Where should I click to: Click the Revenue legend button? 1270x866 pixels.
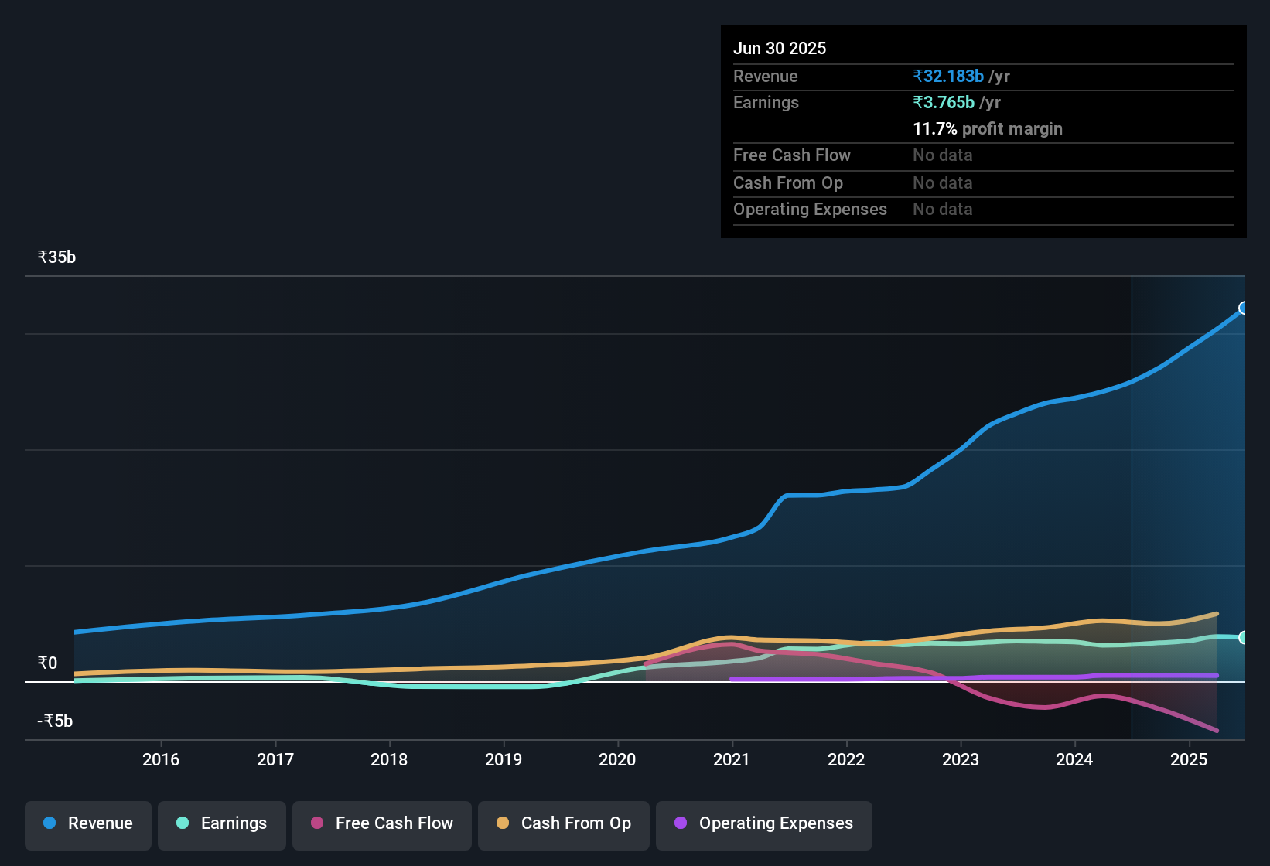(88, 824)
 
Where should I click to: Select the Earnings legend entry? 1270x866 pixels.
(222, 824)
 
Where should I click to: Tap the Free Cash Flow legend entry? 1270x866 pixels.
(382, 824)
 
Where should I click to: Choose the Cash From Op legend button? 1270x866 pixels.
(564, 824)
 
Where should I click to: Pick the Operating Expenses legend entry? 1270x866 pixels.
(764, 824)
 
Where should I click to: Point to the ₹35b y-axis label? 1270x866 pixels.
(56, 257)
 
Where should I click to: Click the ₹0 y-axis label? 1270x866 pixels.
(47, 663)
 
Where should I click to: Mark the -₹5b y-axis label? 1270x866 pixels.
(55, 721)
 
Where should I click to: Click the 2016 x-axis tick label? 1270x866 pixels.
(161, 760)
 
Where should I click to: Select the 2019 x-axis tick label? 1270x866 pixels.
(504, 760)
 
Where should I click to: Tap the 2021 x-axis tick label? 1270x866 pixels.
(732, 760)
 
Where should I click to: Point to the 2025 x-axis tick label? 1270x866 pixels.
(1189, 760)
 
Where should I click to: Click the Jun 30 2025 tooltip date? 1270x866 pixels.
(780, 49)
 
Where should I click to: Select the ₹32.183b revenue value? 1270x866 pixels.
(948, 77)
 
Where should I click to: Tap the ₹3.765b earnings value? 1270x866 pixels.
(944, 103)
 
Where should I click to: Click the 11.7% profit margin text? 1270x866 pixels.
(988, 129)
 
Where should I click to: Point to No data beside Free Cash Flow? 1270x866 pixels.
(942, 155)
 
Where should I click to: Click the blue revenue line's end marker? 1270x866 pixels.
(1244, 309)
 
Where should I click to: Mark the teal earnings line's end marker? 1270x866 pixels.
(1244, 638)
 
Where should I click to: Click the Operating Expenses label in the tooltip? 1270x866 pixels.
(810, 210)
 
